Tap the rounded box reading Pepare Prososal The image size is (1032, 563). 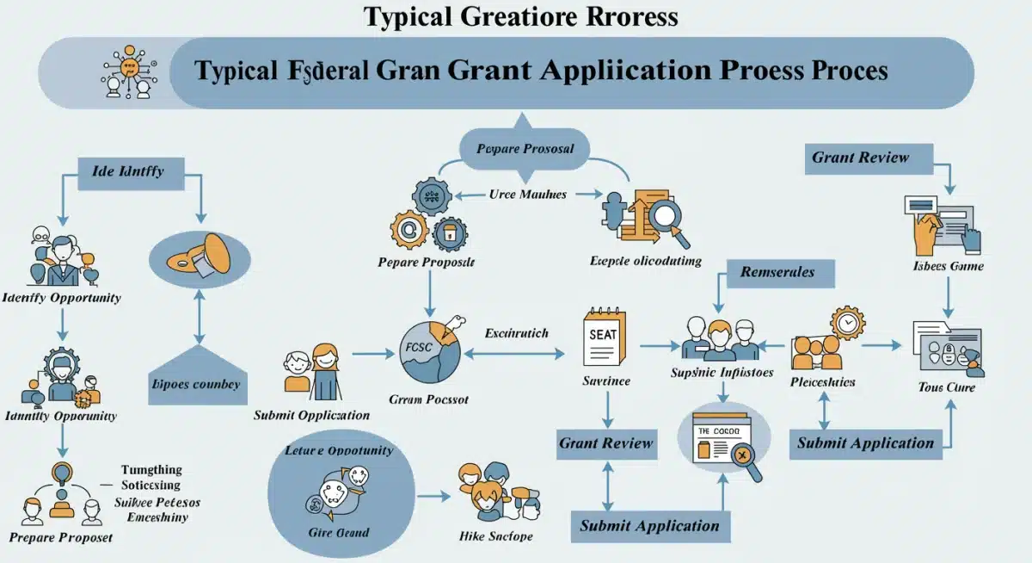pos(525,149)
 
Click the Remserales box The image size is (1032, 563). pos(777,272)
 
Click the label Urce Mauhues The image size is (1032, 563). pos(528,195)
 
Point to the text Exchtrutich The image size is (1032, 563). pos(517,332)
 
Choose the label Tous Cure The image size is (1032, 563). pos(947,387)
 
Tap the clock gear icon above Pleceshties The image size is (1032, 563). pos(848,322)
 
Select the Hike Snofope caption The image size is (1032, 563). pos(496,535)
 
